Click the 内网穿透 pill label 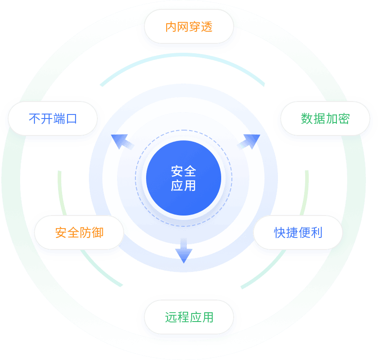(189, 27)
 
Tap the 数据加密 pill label (325, 119)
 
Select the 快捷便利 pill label (298, 233)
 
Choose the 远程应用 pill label (189, 318)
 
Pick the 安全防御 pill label (79, 233)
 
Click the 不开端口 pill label (53, 119)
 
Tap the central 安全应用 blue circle (184, 178)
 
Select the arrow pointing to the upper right (249, 142)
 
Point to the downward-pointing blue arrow (183, 251)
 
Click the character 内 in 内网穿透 (171, 27)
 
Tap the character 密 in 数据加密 (343, 119)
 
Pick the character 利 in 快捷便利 (316, 233)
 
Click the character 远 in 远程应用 (171, 318)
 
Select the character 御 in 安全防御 (97, 233)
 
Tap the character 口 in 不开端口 (71, 119)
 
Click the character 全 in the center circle (190, 171)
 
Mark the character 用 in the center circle (190, 185)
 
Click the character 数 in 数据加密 (307, 119)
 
